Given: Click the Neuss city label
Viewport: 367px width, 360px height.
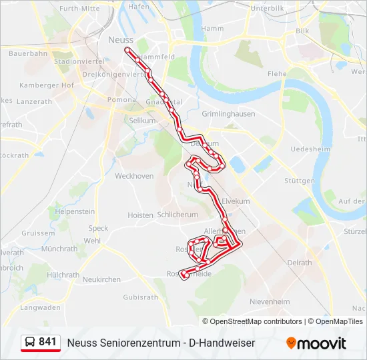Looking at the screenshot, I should click(120, 40).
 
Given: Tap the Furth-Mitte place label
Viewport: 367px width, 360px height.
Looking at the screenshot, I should click(80, 9).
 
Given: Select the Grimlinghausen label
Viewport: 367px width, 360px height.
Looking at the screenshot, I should click(228, 114).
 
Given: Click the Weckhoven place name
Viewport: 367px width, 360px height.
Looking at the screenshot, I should click(134, 177).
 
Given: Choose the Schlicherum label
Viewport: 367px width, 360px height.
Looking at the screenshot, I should click(177, 215).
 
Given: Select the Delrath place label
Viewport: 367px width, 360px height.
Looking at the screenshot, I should click(299, 263).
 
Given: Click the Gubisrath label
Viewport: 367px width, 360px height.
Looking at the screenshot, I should click(140, 297).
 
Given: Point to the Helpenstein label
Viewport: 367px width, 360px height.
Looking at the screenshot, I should click(75, 211).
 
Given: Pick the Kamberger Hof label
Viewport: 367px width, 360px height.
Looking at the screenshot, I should click(47, 85).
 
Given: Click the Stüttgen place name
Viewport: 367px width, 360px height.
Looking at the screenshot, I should click(299, 181).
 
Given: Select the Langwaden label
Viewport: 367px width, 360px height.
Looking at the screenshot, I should click(40, 307).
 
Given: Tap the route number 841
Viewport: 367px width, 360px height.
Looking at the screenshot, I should click(48, 342).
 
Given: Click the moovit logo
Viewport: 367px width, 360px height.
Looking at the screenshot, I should click(316, 343).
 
